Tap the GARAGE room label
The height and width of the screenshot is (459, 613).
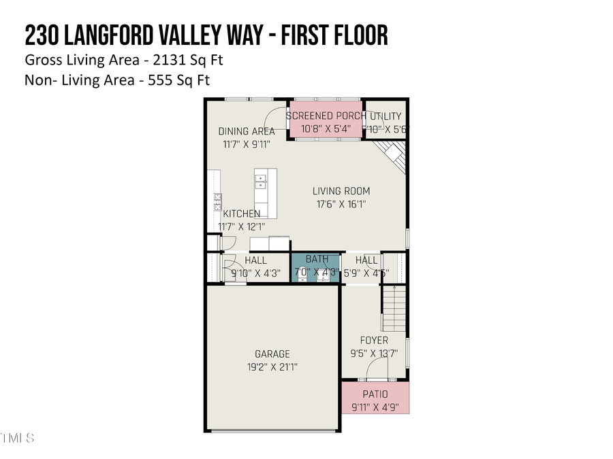272,354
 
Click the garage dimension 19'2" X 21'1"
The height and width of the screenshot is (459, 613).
272,367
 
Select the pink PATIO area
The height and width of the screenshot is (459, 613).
375,398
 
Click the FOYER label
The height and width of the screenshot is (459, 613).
374,340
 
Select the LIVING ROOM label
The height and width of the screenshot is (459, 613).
341,191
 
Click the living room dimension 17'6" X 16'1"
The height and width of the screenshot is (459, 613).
341,203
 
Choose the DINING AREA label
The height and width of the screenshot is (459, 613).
247,131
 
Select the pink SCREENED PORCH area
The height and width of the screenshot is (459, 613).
326,122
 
